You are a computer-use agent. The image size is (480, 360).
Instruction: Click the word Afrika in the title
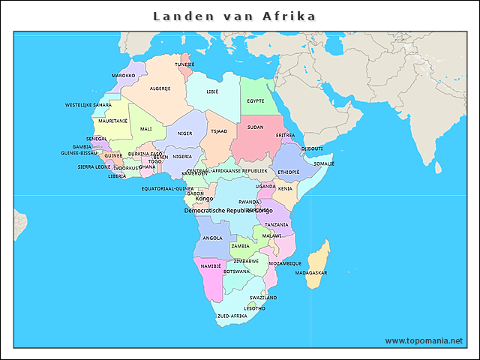tap(289, 16)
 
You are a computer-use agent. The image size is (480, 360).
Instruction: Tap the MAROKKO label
tap(124, 76)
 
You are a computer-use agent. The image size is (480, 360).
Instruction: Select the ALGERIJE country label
tap(160, 88)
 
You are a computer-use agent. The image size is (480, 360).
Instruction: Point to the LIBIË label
tap(212, 91)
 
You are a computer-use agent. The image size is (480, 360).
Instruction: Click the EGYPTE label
tap(256, 100)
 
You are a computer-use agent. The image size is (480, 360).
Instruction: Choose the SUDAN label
tap(255, 127)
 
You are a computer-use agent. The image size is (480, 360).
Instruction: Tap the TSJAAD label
tap(219, 131)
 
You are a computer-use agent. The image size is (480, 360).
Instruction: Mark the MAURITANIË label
tap(113, 121)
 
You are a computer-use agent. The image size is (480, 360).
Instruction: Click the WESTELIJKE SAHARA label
tap(88, 105)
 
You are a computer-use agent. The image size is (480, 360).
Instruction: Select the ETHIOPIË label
tap(289, 172)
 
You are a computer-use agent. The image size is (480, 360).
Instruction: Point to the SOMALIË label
tap(324, 163)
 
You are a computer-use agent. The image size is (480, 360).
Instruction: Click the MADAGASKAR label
tap(311, 273)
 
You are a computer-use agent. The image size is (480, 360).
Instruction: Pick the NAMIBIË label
tap(211, 265)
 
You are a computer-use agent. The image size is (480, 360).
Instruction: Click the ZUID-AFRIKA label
tap(232, 316)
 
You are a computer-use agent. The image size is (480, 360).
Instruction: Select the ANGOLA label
tap(212, 238)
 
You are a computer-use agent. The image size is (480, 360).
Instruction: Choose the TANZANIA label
tap(277, 225)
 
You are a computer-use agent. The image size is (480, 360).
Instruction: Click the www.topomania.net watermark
tap(424, 340)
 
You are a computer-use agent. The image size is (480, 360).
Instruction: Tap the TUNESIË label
tap(184, 64)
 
